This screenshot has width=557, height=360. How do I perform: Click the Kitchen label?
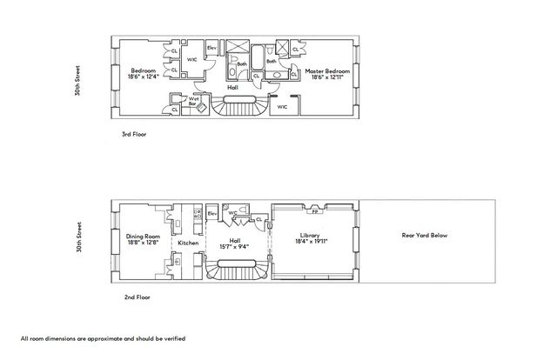[x=189, y=243]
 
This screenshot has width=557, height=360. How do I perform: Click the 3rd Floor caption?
[x=136, y=136]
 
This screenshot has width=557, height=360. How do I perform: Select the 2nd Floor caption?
[x=138, y=297]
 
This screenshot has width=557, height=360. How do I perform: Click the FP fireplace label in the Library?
[x=314, y=210]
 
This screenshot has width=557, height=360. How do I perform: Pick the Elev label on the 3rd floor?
[x=211, y=47]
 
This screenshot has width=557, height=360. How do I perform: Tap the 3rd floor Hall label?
[x=232, y=87]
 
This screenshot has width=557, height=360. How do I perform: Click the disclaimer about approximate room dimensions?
[x=103, y=337]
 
